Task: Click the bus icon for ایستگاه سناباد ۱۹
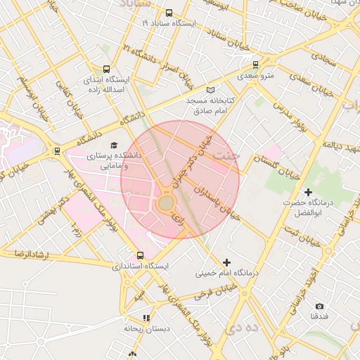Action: pos(168,13)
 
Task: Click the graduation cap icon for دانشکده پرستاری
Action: pos(114,145)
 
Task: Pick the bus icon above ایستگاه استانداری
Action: pos(140,255)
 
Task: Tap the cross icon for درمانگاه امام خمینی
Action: pos(226,262)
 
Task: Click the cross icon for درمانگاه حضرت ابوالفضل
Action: pos(307,192)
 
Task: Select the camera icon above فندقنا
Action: pos(319,306)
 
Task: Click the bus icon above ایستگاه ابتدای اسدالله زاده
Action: pos(105,70)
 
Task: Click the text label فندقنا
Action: pos(319,316)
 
